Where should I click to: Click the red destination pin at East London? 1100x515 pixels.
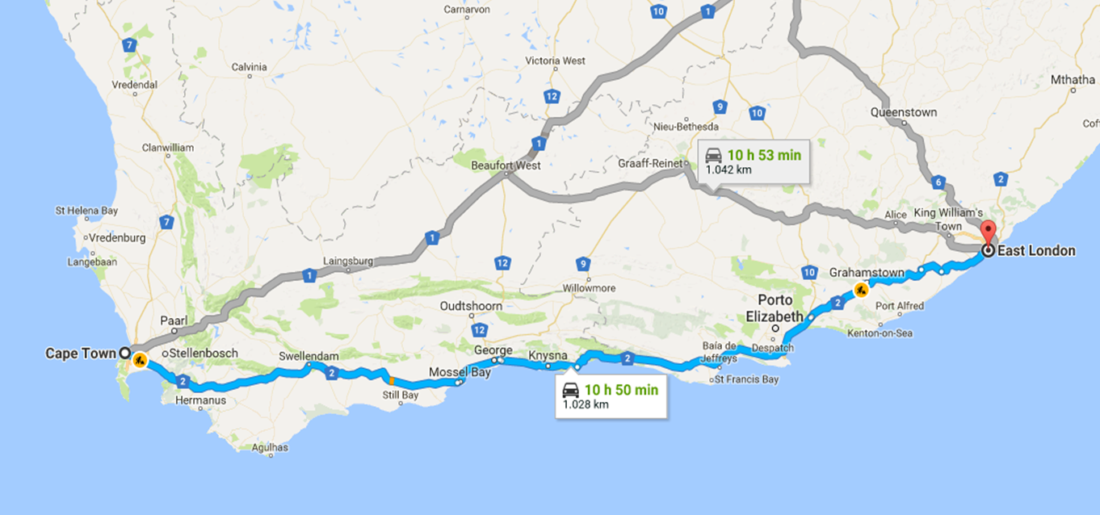987,231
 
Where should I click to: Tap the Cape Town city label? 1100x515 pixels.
81,354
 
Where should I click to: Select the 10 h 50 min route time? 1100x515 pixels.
621,390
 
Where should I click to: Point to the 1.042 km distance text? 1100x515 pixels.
728,170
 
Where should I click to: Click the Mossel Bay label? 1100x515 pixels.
459,372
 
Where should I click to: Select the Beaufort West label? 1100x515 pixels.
506,165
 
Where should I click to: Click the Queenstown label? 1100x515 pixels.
904,113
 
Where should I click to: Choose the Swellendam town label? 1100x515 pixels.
309,356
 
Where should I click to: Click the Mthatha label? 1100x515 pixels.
1073,80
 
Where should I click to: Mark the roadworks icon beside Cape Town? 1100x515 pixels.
141,360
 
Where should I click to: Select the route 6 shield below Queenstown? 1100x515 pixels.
937,182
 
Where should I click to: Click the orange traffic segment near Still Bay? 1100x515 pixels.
391,379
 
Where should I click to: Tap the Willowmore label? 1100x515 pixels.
587,287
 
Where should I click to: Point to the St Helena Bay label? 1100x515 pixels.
86,211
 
